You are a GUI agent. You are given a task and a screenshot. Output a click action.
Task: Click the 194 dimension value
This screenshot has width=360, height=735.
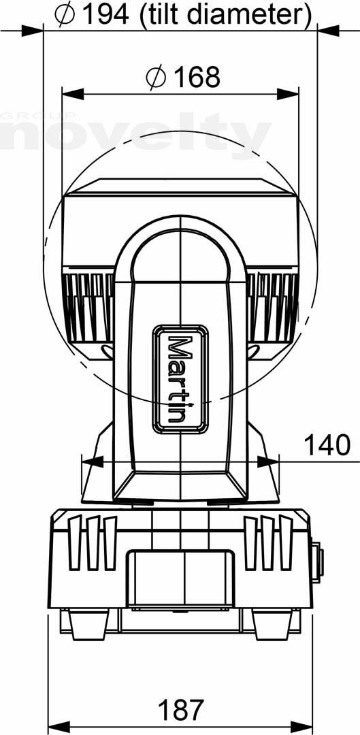click(x=106, y=14)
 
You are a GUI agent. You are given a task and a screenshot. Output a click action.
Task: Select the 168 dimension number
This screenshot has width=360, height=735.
click(x=197, y=77)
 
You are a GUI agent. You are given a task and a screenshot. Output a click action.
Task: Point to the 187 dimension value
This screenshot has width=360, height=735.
click(x=181, y=710)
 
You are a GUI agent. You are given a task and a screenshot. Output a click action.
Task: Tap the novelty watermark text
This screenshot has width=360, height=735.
click(x=136, y=134)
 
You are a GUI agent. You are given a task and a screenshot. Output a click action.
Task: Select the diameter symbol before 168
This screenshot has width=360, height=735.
click(x=156, y=78)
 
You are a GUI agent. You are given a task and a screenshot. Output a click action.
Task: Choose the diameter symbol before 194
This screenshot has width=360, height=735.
click(x=65, y=15)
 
